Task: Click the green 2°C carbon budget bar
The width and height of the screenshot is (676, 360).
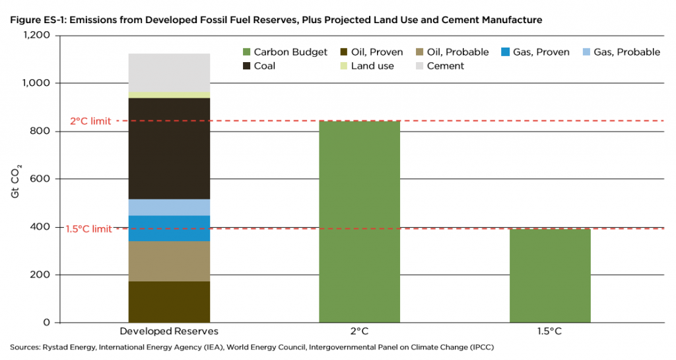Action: [x=359, y=221]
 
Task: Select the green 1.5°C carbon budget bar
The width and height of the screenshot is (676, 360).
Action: [x=549, y=275]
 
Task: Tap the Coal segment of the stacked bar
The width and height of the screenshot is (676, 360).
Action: [x=169, y=149]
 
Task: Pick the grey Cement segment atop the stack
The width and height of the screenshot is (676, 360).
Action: [x=169, y=73]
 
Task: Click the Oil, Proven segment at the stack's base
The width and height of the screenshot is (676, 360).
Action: [x=169, y=302]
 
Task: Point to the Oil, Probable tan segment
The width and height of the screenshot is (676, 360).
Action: [x=169, y=261]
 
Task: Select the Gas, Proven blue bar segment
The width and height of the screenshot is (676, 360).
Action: [x=169, y=229]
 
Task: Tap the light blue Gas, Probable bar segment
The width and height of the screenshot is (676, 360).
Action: [x=169, y=207]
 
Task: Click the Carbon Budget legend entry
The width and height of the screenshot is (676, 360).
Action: [x=284, y=52]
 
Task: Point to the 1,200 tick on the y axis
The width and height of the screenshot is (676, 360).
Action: [x=39, y=36]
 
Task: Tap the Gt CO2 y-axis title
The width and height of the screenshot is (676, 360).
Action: [x=15, y=179]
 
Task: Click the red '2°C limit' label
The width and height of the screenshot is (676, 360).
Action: [x=90, y=122]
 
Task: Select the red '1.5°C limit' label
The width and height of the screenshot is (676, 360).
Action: [x=88, y=229]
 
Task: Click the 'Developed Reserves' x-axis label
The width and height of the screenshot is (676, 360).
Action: [x=169, y=330]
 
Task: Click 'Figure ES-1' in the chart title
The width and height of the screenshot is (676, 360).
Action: [x=36, y=20]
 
